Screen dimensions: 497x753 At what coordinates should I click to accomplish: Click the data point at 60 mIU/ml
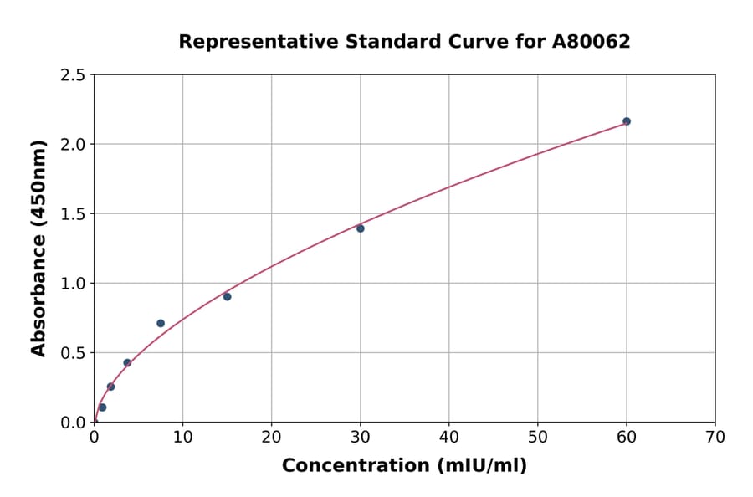point(627,121)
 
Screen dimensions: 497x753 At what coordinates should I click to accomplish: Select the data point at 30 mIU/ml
point(361,228)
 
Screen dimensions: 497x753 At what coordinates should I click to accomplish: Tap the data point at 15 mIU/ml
point(228,297)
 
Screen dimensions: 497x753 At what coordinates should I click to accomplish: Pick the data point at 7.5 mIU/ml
point(161,323)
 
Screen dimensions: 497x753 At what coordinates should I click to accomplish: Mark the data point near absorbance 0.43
point(127,363)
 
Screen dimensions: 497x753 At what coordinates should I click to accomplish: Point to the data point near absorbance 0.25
point(110,387)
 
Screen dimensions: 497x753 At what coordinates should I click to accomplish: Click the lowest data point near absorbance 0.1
point(102,407)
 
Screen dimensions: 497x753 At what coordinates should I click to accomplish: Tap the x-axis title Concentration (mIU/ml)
point(404,466)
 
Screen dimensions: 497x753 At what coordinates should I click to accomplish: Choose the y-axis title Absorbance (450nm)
point(38,248)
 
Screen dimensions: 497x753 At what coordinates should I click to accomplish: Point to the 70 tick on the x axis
point(715,437)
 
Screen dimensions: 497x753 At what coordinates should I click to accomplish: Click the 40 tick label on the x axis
point(449,437)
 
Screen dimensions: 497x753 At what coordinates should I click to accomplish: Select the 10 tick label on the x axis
point(182,437)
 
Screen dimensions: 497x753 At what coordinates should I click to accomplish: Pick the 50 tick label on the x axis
point(538,437)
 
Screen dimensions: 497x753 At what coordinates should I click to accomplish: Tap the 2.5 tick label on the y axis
point(74,75)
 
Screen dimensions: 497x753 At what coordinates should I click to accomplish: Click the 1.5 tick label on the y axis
point(74,214)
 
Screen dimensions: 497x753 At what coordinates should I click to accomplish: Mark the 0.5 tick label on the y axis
point(74,353)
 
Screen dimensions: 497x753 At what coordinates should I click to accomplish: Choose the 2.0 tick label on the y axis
point(74,145)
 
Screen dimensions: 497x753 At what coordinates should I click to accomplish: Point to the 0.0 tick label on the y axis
point(74,423)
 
